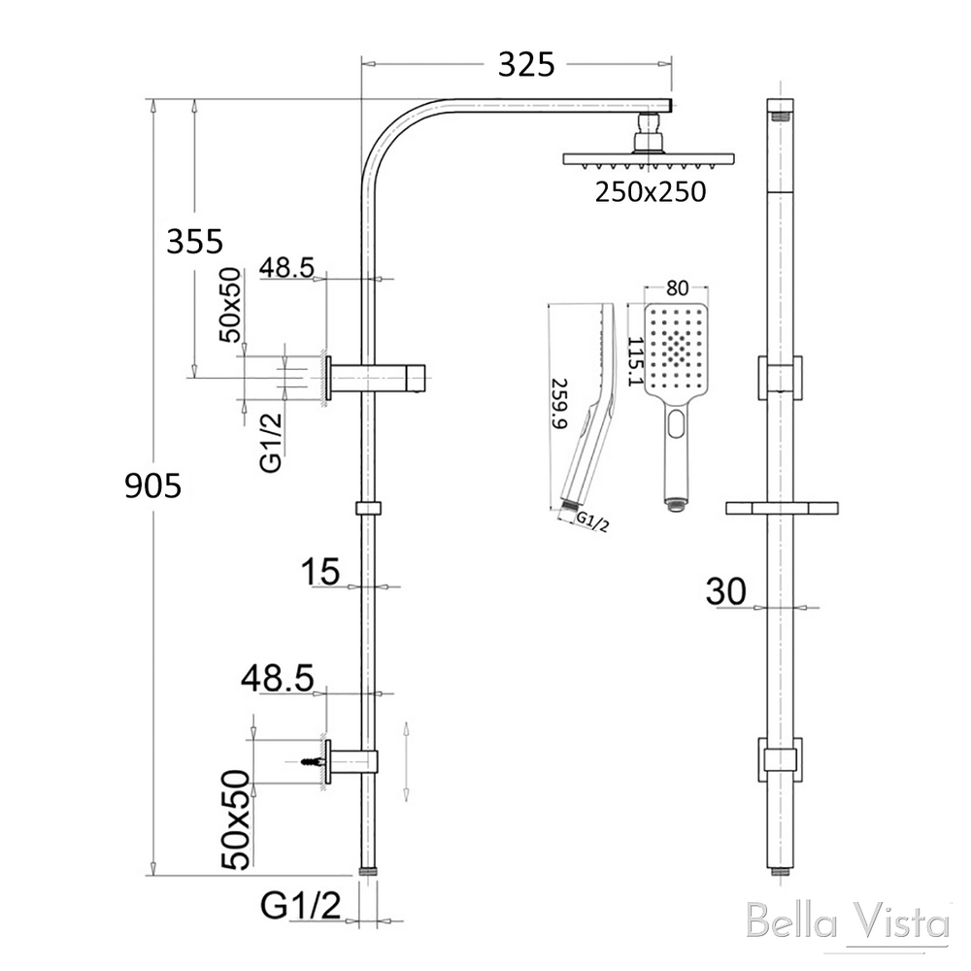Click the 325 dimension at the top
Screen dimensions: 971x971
pyautogui.click(x=526, y=64)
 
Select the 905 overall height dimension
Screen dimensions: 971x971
pyautogui.click(x=153, y=485)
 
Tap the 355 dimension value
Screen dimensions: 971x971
pyautogui.click(x=194, y=242)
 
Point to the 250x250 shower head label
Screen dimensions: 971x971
pyautogui.click(x=651, y=192)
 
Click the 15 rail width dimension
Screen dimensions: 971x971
pyautogui.click(x=320, y=572)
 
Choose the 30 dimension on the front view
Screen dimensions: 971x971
pyautogui.click(x=725, y=591)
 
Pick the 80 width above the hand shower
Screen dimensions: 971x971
pyautogui.click(x=677, y=288)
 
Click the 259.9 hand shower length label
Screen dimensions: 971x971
pyautogui.click(x=559, y=404)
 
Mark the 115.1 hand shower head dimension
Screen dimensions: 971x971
pyautogui.click(x=635, y=361)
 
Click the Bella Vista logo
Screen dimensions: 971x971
pyautogui.click(x=848, y=921)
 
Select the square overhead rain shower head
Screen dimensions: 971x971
pyautogui.click(x=649, y=159)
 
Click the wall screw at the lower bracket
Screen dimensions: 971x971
pyautogui.click(x=312, y=760)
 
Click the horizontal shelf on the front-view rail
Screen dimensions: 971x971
pyautogui.click(x=782, y=509)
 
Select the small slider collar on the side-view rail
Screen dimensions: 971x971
pyautogui.click(x=368, y=509)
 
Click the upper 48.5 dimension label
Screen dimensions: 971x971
pyautogui.click(x=286, y=268)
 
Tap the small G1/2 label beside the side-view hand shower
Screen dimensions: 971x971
pyautogui.click(x=592, y=521)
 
